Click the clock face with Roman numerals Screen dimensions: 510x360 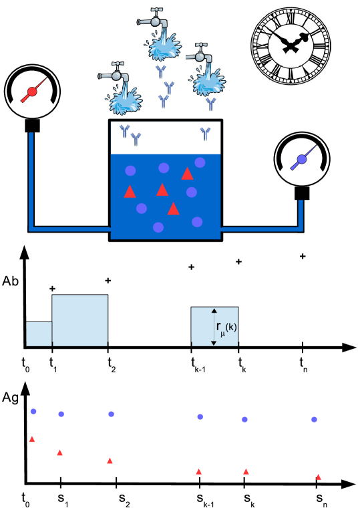click(291, 45)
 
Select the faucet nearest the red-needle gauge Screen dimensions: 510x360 click(120, 88)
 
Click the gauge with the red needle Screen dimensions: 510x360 click(31, 92)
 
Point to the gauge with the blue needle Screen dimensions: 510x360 click(301, 159)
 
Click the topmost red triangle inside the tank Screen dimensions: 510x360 click(187, 174)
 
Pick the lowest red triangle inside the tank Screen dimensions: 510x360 click(173, 209)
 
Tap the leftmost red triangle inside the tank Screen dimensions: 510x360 click(130, 192)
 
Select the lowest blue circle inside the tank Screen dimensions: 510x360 click(158, 227)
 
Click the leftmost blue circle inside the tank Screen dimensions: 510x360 click(130, 170)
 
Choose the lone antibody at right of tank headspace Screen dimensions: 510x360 click(205, 134)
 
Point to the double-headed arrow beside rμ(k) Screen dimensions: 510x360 click(214, 327)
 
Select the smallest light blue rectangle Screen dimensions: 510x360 click(39, 334)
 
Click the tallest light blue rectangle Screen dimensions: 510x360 click(80, 320)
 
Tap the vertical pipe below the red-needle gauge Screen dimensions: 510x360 click(31, 180)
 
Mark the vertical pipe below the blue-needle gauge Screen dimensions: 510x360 click(301, 214)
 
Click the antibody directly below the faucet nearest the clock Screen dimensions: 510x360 click(210, 104)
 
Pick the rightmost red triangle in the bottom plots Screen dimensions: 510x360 click(318, 477)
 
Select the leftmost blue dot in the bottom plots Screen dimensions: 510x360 click(33, 411)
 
